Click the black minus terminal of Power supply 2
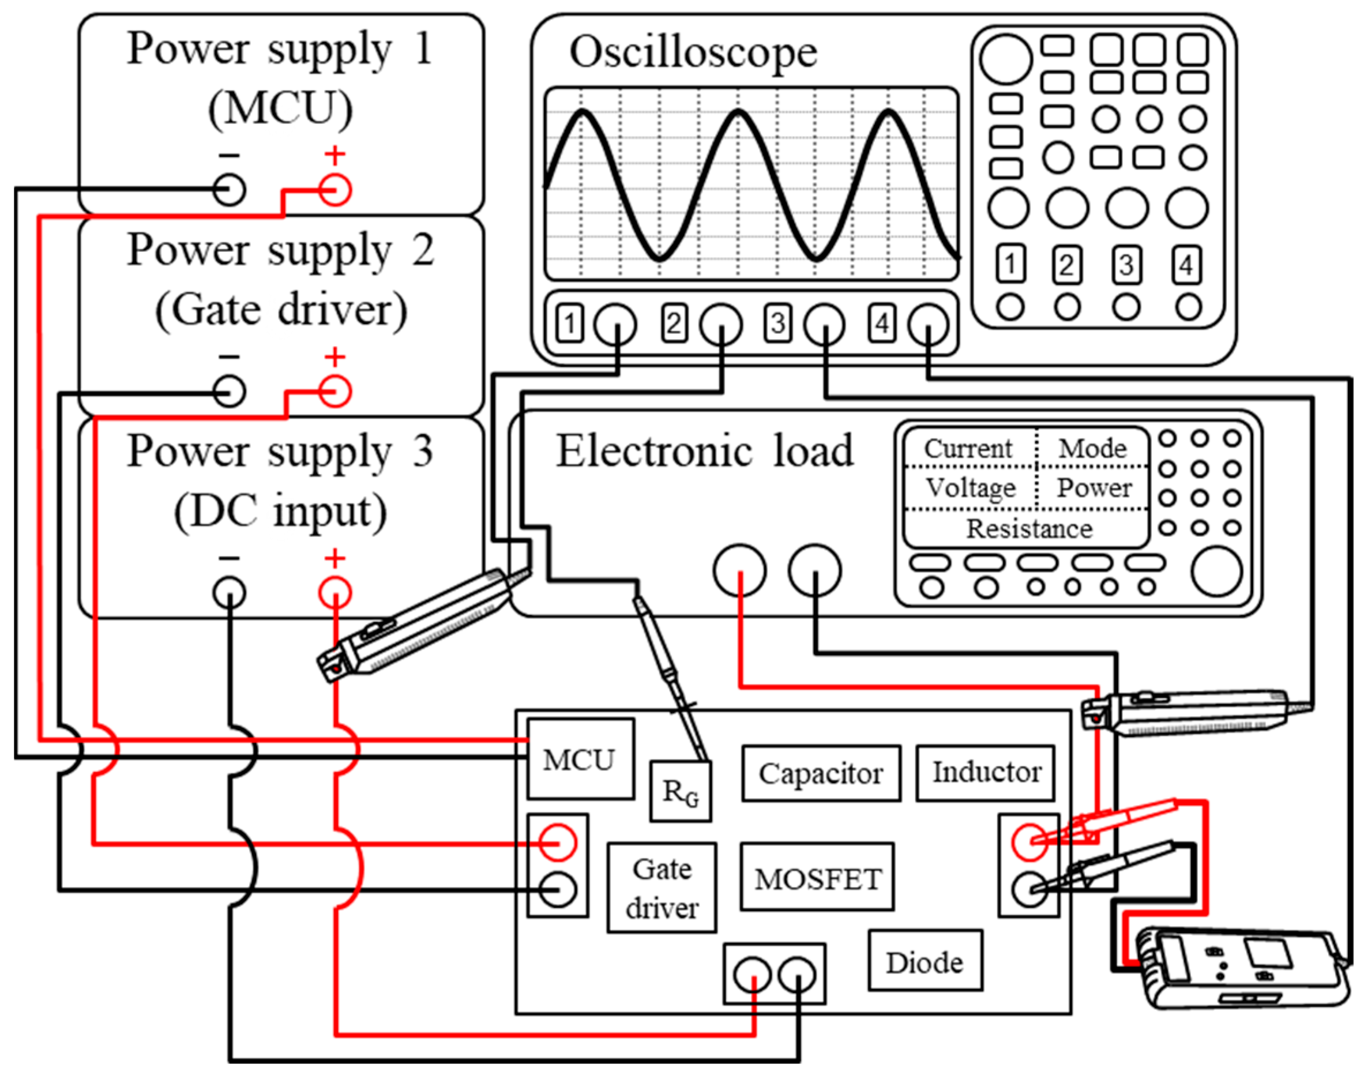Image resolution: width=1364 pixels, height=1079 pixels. [x=229, y=392]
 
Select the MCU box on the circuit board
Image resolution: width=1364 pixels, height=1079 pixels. [x=580, y=759]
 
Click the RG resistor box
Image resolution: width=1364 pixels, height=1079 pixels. [x=681, y=791]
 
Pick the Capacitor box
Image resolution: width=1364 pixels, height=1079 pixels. [x=821, y=773]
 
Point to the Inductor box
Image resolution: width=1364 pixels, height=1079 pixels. [x=986, y=772]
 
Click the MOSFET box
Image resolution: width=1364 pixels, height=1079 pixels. [x=817, y=878]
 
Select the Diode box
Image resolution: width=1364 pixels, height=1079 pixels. [x=925, y=962]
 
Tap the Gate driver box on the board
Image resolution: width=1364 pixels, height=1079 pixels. [x=662, y=888]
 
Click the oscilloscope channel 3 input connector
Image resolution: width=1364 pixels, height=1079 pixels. [x=824, y=324]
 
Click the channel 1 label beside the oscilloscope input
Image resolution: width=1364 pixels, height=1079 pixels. [x=570, y=324]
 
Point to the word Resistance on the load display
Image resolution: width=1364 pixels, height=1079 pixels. [x=1029, y=528]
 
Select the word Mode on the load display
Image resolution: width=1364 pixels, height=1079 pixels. [x=1092, y=448]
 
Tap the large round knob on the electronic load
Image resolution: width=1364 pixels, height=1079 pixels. [x=1216, y=571]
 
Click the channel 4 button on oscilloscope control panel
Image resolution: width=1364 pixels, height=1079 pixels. [x=1186, y=265]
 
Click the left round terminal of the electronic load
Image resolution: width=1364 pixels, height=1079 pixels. [x=739, y=570]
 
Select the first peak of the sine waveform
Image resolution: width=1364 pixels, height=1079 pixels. [x=583, y=112]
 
